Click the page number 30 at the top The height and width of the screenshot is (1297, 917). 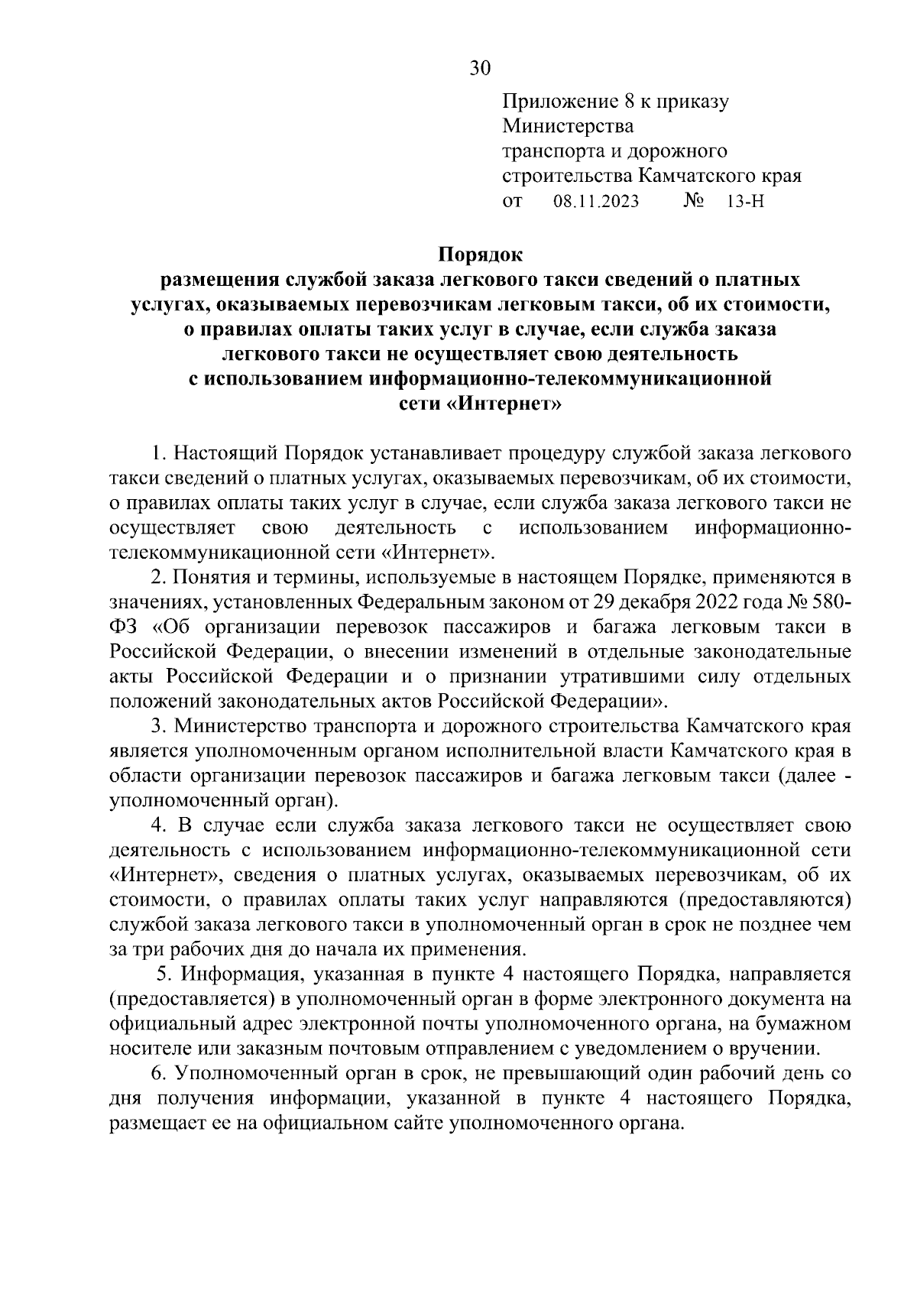coord(480,68)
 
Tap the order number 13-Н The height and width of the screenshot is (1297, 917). coord(747,202)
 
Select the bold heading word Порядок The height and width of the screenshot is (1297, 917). coord(480,254)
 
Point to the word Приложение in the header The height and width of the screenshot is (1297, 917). coord(556,101)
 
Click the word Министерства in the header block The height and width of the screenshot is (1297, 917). coord(568,125)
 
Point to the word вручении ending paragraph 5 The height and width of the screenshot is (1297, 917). coord(782,1049)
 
